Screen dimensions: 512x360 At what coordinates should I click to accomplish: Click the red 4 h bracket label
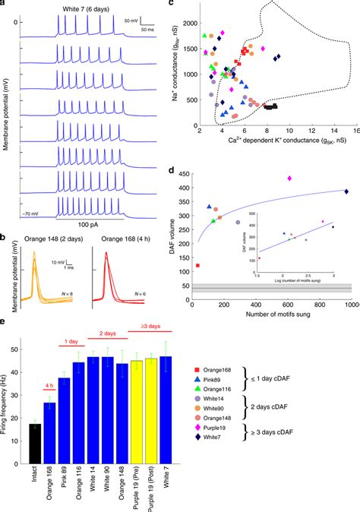[x=52, y=383]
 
